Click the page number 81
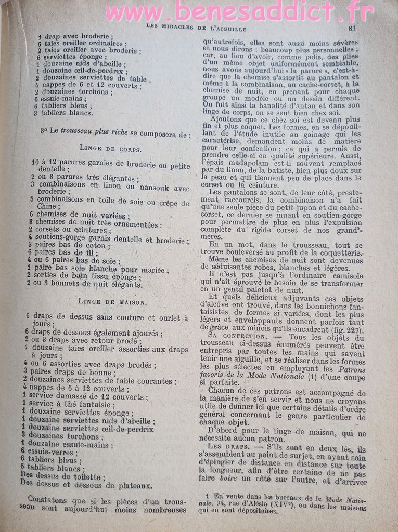coord(352,29)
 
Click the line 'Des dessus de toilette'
coord(62,476)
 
